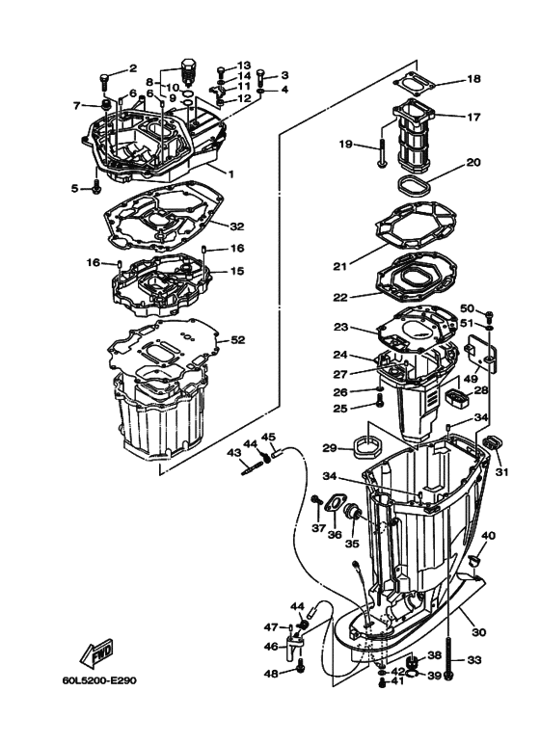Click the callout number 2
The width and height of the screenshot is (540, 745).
pyautogui.click(x=133, y=69)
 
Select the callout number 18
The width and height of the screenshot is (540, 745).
pyautogui.click(x=473, y=79)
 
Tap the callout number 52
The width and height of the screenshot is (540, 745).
pyautogui.click(x=237, y=340)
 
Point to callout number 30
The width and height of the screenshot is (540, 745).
pyautogui.click(x=479, y=632)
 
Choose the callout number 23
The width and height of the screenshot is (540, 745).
pyautogui.click(x=367, y=327)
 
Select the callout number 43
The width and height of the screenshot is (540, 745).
pyautogui.click(x=234, y=452)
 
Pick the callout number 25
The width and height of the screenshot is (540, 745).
pyautogui.click(x=366, y=409)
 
